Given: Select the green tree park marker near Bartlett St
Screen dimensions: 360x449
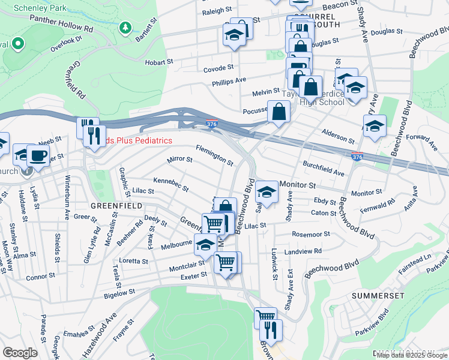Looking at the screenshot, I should (x=125, y=28).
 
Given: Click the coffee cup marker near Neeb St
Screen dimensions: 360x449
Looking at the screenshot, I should (x=40, y=156).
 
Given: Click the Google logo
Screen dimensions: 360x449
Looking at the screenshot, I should (x=20, y=353).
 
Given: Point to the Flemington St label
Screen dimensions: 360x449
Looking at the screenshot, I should (x=214, y=154).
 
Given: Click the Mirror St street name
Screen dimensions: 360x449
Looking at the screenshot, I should (x=179, y=160).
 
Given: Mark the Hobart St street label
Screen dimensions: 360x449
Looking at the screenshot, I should (x=158, y=61).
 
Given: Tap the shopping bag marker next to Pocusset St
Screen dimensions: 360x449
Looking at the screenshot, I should (x=279, y=111).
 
